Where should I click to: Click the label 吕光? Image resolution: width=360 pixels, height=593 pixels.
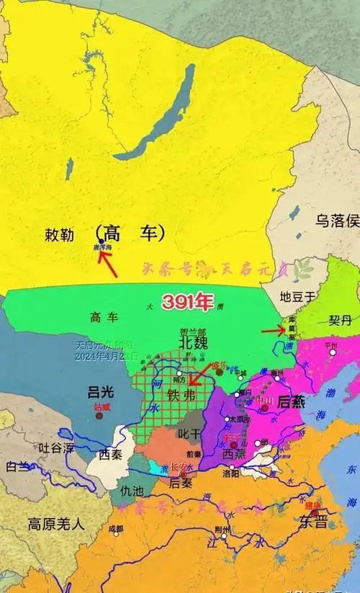100,392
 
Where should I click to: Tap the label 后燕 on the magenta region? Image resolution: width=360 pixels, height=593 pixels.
290,403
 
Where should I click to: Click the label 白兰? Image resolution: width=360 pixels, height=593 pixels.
17,466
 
